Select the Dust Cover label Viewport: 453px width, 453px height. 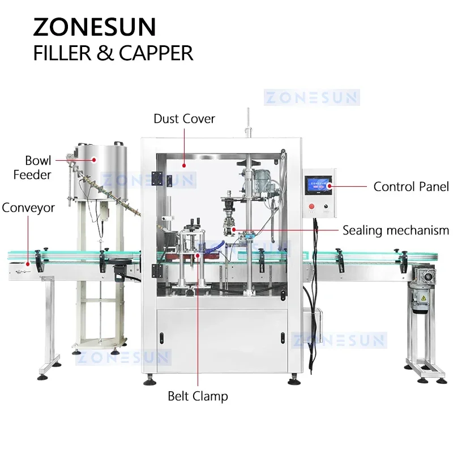click(184, 119)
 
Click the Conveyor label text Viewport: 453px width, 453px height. click(28, 208)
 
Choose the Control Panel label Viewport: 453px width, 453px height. click(411, 186)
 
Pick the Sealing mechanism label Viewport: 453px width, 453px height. click(396, 230)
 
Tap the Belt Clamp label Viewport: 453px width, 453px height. click(198, 396)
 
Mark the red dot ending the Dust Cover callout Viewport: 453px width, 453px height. click(184, 165)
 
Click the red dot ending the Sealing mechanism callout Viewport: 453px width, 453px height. click(234, 230)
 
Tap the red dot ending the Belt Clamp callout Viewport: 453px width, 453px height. click(198, 256)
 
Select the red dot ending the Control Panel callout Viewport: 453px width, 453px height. click(330, 186)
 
